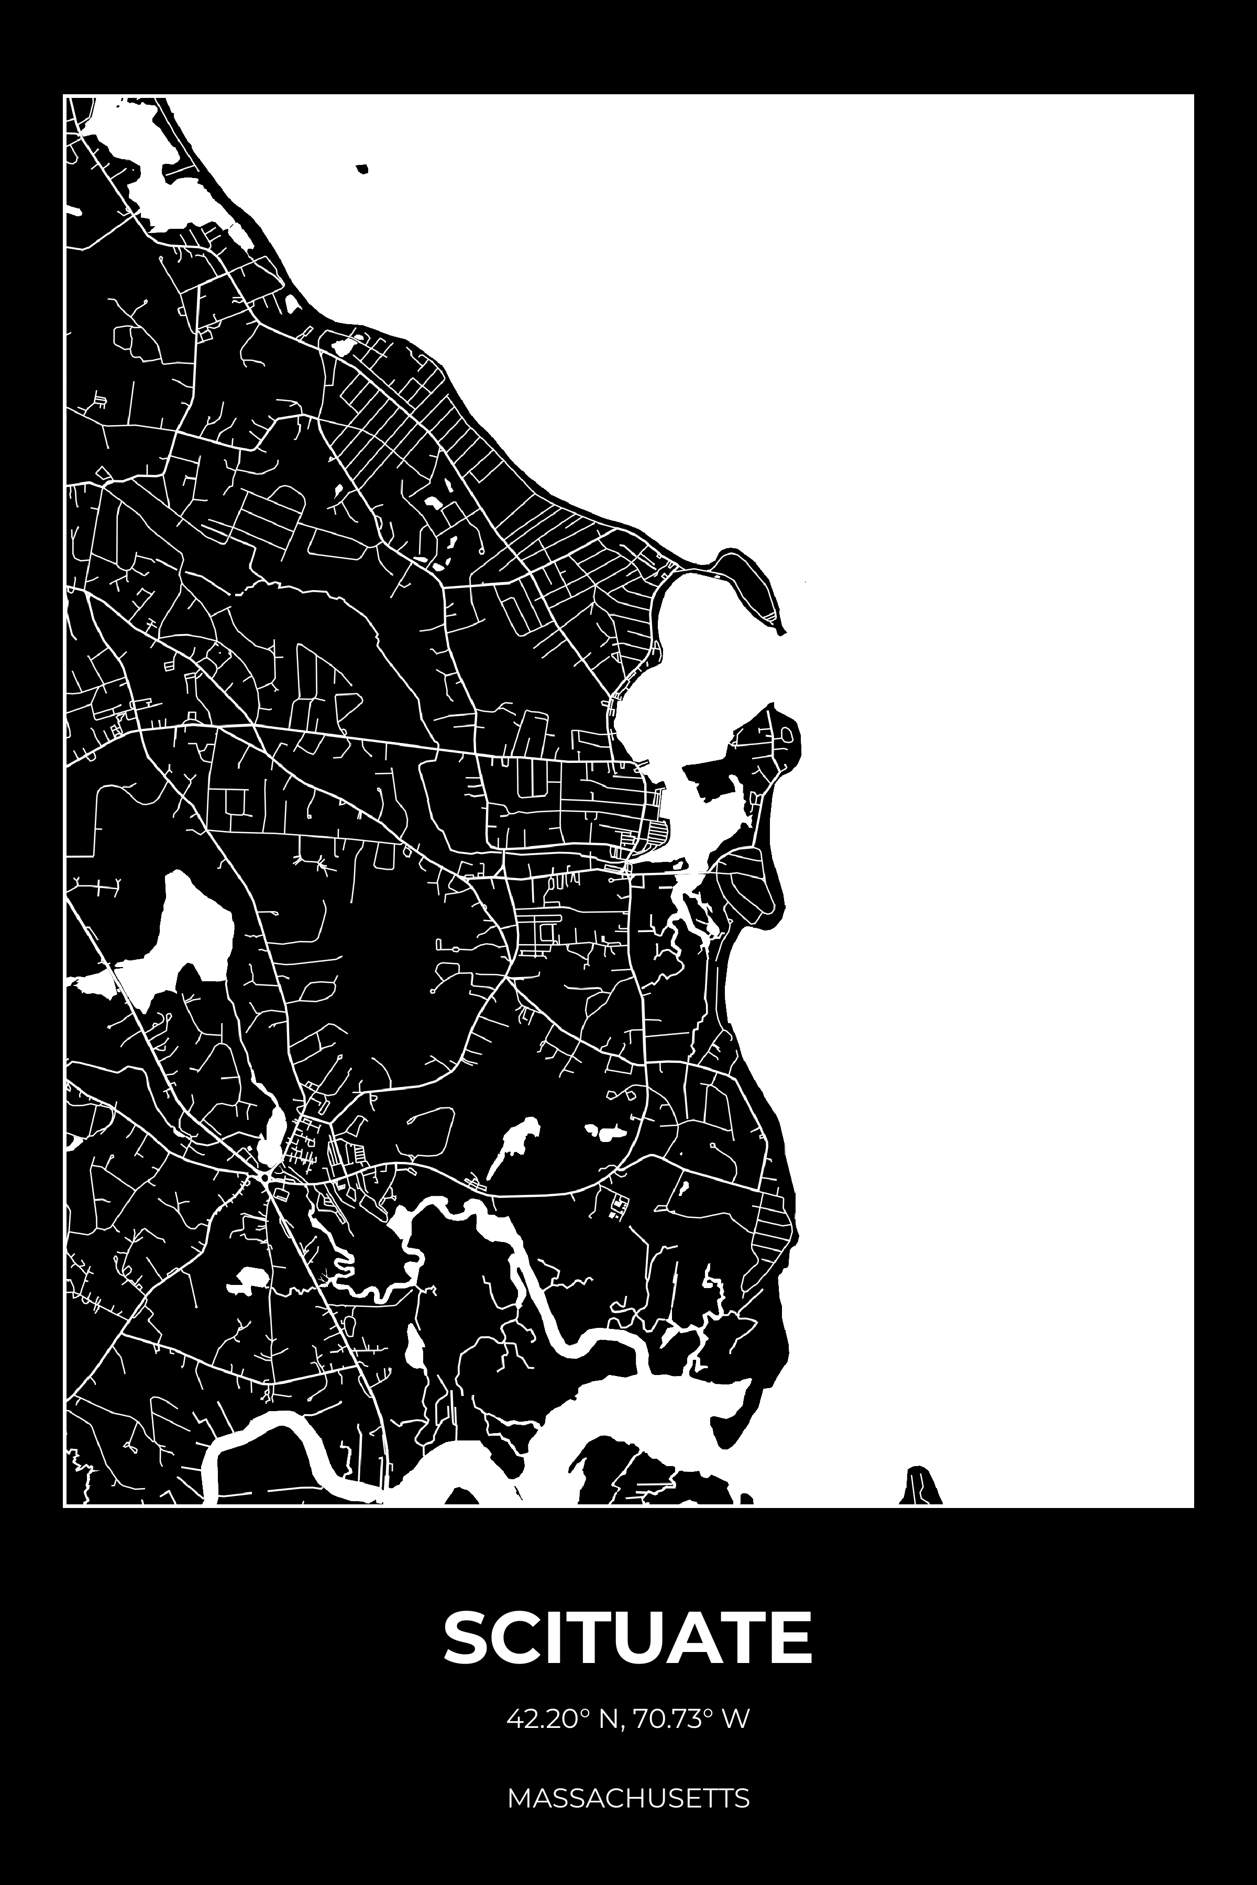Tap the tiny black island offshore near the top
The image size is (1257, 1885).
point(362,169)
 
